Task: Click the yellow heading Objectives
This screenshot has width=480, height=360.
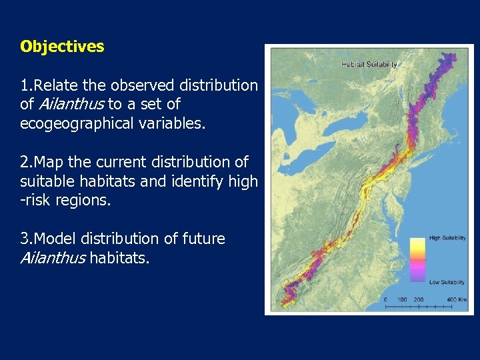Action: (62, 47)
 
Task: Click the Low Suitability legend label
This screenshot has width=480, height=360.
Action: (447, 282)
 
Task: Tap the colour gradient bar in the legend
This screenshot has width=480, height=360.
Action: (418, 260)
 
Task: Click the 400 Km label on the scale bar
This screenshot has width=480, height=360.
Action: (457, 300)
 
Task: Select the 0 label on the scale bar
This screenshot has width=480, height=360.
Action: (386, 300)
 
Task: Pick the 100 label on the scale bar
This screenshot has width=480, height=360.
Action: (402, 300)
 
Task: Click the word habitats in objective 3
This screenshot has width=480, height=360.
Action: (121, 257)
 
